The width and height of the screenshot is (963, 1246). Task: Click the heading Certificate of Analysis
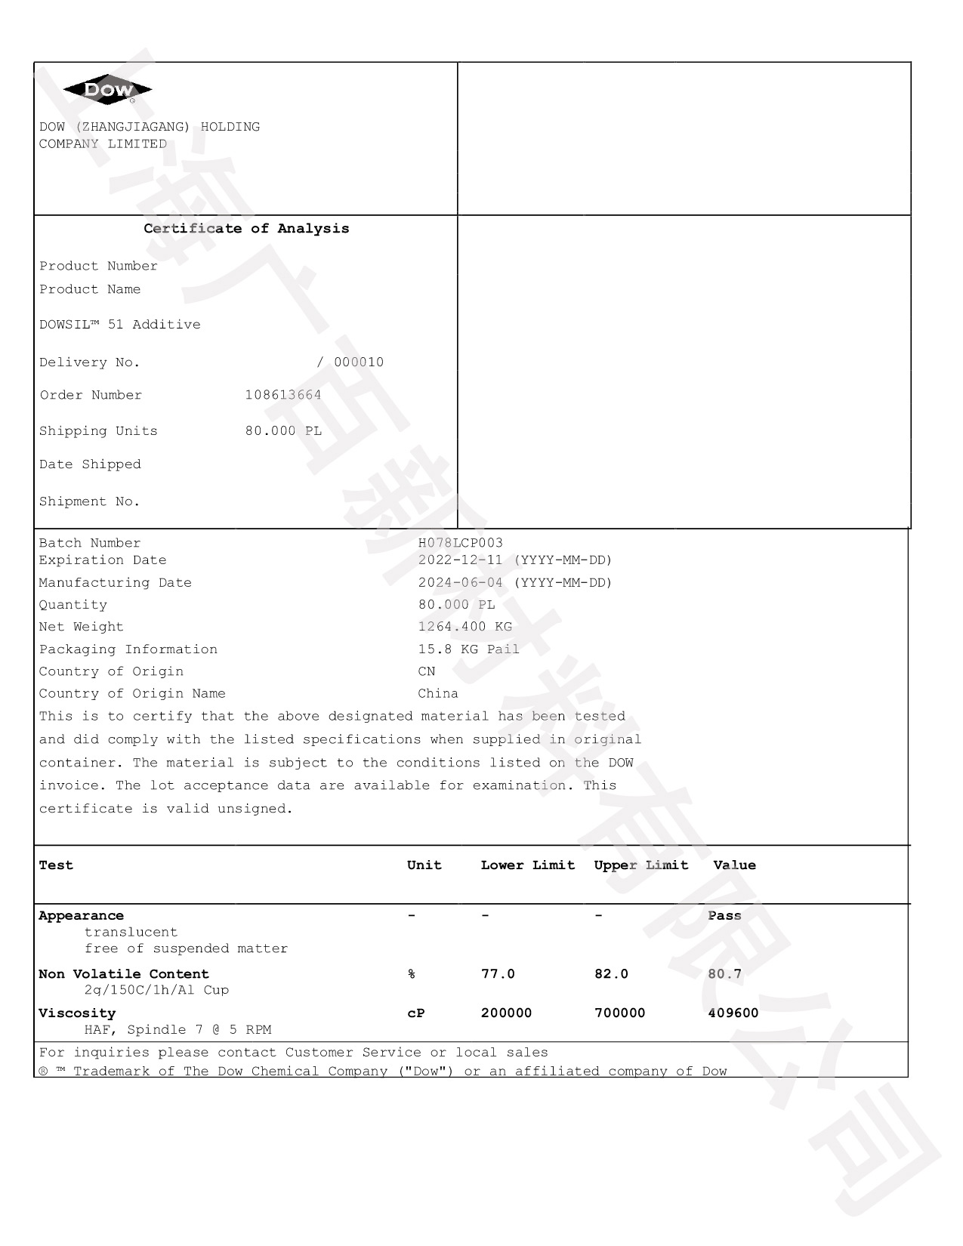tap(246, 228)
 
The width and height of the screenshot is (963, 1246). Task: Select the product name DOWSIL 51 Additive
tap(120, 325)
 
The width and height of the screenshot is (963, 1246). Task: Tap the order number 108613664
tap(283, 395)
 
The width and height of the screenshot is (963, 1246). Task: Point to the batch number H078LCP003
tap(460, 543)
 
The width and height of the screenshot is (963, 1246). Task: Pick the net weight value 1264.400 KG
tap(465, 627)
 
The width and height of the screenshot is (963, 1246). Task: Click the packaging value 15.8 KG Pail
tap(468, 649)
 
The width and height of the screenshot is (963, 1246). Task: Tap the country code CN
tap(427, 671)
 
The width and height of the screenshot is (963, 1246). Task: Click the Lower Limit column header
tap(528, 865)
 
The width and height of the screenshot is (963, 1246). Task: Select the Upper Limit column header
tap(641, 865)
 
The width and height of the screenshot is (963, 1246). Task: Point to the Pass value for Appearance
tap(724, 916)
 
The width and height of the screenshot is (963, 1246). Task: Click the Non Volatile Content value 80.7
tap(724, 974)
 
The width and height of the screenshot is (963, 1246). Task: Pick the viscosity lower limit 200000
tap(506, 1013)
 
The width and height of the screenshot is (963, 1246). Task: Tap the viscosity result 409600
tap(733, 1013)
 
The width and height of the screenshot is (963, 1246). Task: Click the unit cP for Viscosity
tap(415, 1013)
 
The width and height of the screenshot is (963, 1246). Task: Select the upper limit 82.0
tap(611, 974)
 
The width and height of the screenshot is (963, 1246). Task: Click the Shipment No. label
tap(89, 501)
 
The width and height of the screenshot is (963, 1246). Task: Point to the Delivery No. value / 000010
tap(350, 362)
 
